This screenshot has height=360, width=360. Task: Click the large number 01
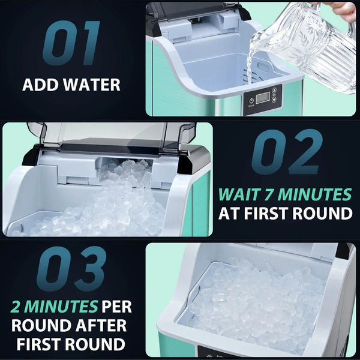coord(71,44)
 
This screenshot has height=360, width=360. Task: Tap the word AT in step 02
coord(230,213)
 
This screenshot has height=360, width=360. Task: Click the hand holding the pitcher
coord(344,8)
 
